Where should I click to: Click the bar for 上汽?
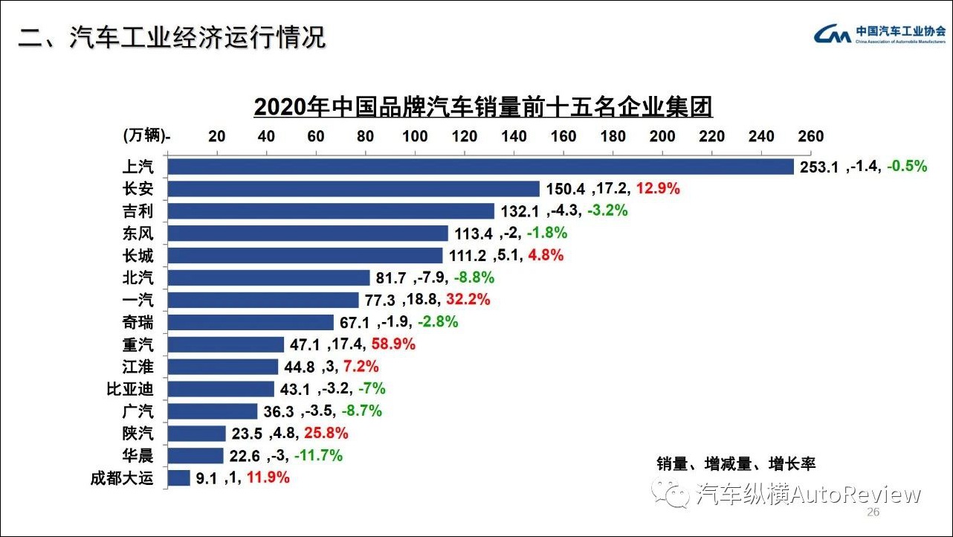pos(480,167)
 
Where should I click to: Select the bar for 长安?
pos(354,189)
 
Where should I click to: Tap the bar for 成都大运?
pos(179,477)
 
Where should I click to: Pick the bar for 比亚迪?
pos(221,388)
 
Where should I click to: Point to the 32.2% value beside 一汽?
pos(468,300)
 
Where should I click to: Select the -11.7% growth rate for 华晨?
pos(318,455)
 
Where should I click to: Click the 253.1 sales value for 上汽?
pos(819,167)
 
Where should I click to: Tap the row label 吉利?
pos(138,211)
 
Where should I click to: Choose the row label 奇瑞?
pos(138,322)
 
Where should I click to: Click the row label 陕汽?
pos(138,433)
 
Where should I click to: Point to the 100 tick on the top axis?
pos(415,136)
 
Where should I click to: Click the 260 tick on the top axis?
pos(811,136)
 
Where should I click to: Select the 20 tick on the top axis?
pos(216,136)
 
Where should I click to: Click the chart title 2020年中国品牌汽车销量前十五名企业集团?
pos(483,106)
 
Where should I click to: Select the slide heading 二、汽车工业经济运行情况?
pos(172,38)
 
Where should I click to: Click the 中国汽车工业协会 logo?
pos(880,35)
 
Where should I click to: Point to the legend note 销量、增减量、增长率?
pos(736,463)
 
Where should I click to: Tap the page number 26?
pos(873,513)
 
